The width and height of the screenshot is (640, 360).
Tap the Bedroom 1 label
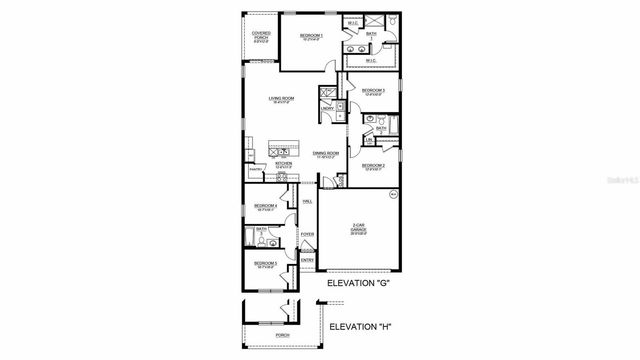[311, 36]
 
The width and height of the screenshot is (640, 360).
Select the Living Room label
[281, 99]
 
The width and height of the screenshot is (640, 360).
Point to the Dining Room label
[326, 153]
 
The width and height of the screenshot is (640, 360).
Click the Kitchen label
[283, 164]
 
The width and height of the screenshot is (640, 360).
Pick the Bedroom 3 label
[373, 91]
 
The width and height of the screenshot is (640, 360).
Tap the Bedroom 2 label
[373, 166]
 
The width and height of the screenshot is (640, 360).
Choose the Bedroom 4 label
[265, 206]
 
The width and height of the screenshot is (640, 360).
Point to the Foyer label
[307, 235]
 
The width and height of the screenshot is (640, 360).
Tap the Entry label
[307, 261]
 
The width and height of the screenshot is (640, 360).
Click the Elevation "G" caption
[358, 284]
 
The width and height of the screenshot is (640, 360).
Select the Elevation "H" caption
[358, 326]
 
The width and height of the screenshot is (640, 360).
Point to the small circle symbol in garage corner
[393, 192]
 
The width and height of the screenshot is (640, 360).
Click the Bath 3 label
[261, 231]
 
